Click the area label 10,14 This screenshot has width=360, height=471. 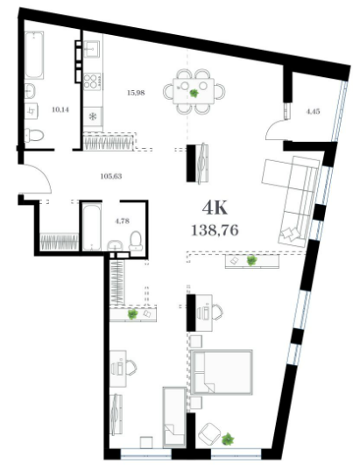click(60, 109)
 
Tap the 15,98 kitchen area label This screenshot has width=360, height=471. click(136, 93)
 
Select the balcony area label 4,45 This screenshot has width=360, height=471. click(313, 111)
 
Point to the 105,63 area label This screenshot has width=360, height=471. click(111, 176)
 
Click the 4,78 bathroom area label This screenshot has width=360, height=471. click(122, 221)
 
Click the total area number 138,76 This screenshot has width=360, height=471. click(215, 230)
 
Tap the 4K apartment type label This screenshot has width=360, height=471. click(215, 207)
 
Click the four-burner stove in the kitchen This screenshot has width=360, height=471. click(92, 81)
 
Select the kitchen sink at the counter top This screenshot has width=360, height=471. click(91, 49)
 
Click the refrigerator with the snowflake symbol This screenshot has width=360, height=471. click(93, 116)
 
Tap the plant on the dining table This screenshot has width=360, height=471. click(194, 93)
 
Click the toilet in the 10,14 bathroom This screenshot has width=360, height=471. click(34, 135)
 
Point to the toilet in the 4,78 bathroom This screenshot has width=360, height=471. click(136, 242)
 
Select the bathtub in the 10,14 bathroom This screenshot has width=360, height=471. click(34, 55)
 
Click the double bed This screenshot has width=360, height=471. click(222, 372)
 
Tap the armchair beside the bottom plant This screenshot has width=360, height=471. click(209, 432)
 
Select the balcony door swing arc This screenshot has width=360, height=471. click(275, 129)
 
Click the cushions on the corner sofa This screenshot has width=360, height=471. click(290, 233)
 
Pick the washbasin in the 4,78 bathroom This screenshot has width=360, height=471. click(115, 245)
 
